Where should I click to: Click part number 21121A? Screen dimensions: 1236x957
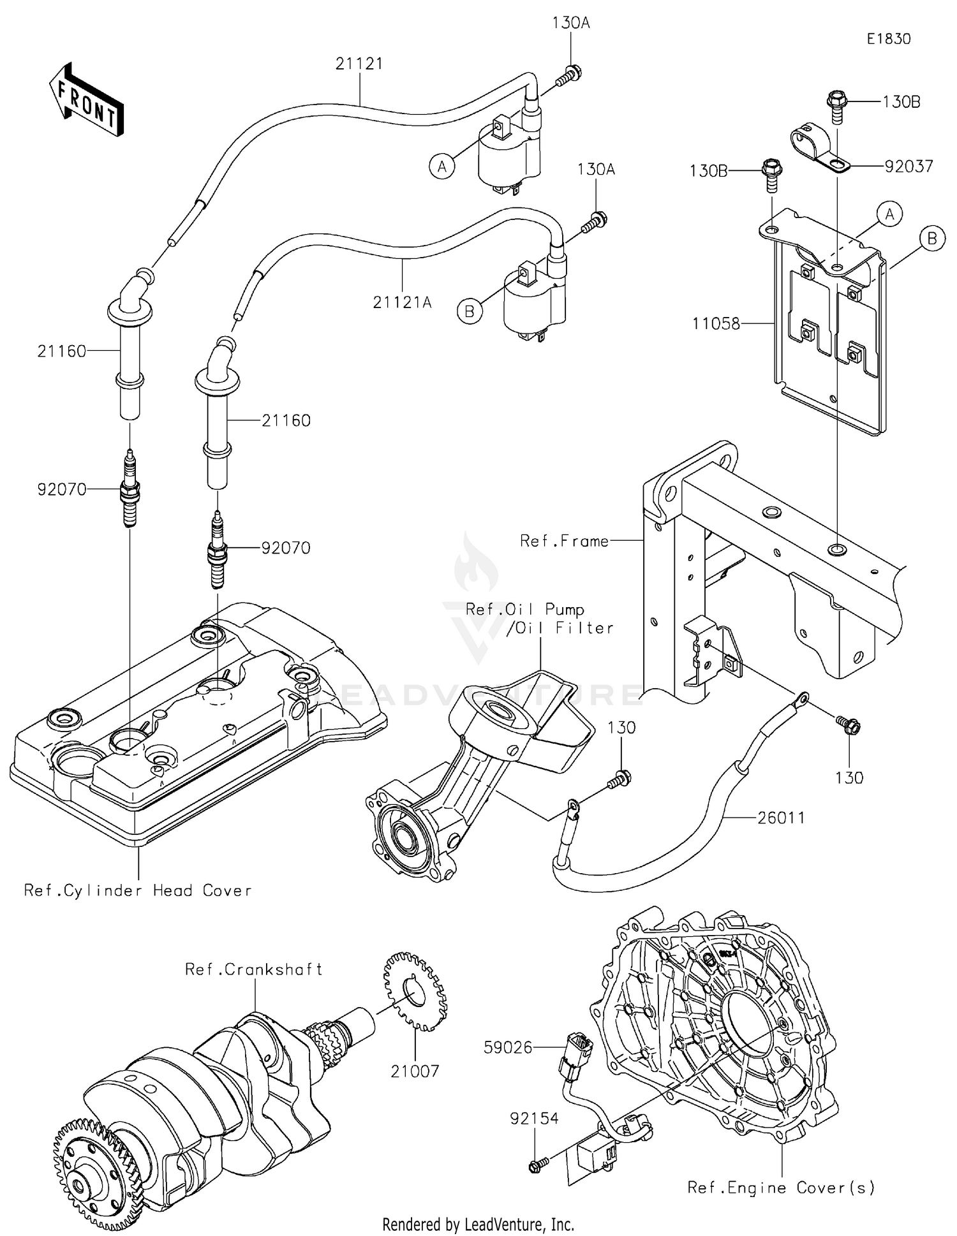[x=402, y=302]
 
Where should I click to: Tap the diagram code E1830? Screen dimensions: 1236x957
[x=888, y=39]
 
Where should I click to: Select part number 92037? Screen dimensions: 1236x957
[x=909, y=166]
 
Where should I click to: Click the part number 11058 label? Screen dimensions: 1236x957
[x=716, y=324]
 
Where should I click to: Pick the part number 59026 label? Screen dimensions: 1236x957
[x=508, y=1047]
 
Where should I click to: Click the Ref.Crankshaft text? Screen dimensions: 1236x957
[x=253, y=969]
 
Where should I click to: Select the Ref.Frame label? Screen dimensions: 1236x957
[x=564, y=541]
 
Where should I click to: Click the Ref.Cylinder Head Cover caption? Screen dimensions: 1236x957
[x=137, y=890]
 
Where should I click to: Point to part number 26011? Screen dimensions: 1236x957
[x=781, y=818]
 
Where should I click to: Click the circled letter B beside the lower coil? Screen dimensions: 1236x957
[x=470, y=311]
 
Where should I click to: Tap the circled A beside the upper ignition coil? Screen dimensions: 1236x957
[x=441, y=166]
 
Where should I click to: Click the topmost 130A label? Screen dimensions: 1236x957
[x=570, y=24]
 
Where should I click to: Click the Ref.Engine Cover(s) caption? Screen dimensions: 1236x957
[x=781, y=1188]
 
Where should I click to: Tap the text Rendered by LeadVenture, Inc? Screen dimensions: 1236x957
[x=478, y=1225]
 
